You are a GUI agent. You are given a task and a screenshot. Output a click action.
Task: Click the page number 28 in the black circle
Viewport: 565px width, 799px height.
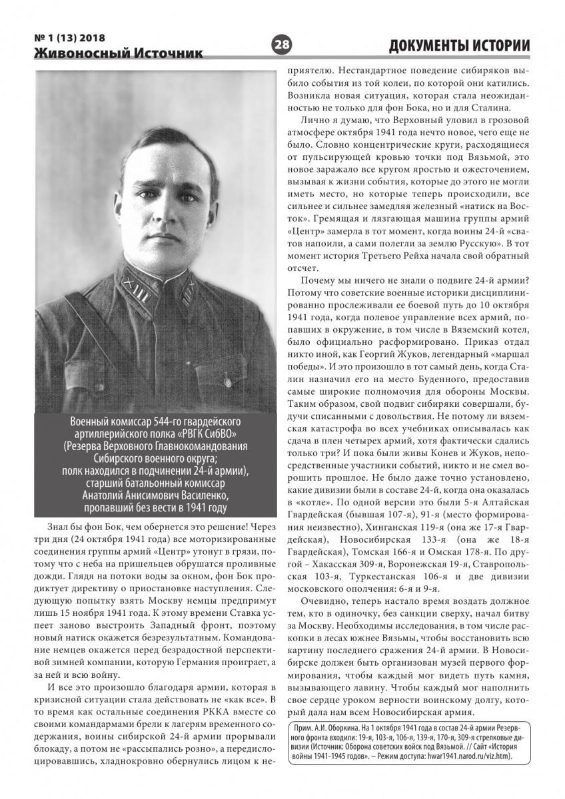click(282, 45)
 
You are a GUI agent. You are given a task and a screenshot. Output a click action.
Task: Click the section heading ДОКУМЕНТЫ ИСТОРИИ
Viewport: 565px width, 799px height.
click(460, 45)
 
